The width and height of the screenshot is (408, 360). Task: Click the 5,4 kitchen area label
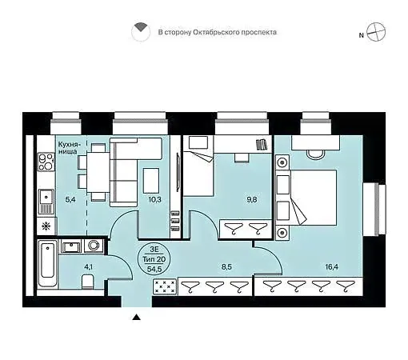pos(70,199)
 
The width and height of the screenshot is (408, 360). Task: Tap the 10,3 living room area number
pos(155,199)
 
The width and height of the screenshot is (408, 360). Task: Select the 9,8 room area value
pos(252,199)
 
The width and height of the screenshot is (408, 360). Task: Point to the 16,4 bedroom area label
pos(332,266)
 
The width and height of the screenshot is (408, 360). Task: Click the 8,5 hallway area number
pos(226,266)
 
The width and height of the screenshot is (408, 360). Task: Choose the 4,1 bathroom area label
pos(88,266)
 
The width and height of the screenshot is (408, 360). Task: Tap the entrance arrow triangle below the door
pos(137,317)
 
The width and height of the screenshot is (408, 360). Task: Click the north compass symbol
pos(376,32)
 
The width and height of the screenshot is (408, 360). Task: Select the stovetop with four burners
pos(46,162)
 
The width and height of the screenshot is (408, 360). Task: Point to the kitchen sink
pos(46,202)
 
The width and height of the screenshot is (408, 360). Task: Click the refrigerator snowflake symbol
pos(46,226)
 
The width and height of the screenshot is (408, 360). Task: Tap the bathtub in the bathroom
pos(48,263)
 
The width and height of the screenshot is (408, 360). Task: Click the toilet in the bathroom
pos(87,282)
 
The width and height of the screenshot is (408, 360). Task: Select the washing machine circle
pos(94,245)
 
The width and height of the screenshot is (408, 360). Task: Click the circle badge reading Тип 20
pos(154,259)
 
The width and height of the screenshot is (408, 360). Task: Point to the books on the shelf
pos(262,145)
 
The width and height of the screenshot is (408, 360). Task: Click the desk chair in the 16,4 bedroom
pos(315,154)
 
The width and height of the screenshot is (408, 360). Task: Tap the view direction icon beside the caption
pos(141,32)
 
